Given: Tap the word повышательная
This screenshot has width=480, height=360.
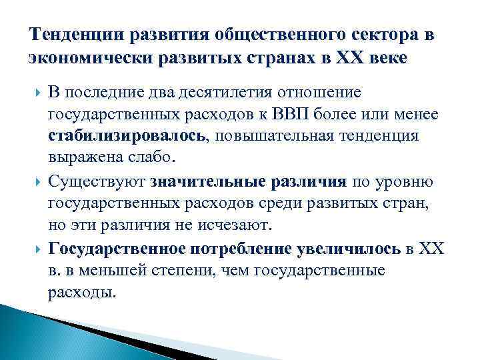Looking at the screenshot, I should click(279, 137).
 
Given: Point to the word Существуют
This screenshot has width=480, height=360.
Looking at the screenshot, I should click(97, 182).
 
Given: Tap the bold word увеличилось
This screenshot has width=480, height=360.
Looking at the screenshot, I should click(347, 250).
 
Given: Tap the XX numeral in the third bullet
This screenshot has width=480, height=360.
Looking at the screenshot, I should click(431, 250).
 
